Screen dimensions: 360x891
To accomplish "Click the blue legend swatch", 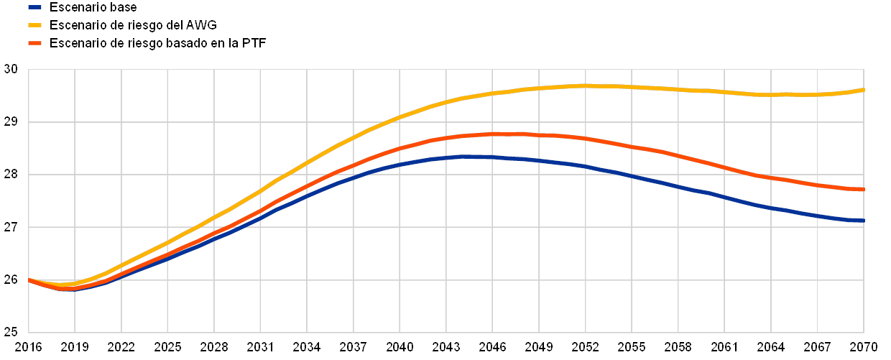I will point(34,7).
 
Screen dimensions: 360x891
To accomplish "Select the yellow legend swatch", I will point(34,25).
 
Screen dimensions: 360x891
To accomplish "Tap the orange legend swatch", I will point(34,44).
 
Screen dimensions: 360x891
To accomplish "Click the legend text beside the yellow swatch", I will point(137,25).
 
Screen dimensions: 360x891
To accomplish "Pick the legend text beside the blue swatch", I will point(96,7).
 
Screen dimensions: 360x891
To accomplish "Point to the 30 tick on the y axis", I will point(10,70).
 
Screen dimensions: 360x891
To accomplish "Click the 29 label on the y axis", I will point(10,122).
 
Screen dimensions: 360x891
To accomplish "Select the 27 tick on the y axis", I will point(10,227).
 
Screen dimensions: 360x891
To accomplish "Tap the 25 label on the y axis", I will point(10,332).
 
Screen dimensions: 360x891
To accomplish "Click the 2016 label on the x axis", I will point(27,346).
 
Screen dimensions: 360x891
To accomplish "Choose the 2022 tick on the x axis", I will point(121,346).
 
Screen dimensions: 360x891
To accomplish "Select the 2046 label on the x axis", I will point(492,346).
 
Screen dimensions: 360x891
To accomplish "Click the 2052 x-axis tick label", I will point(585,346).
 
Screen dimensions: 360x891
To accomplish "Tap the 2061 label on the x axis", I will point(724,346).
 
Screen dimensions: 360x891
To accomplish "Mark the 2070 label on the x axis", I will point(864,346).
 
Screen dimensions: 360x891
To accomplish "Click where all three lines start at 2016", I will point(29,280).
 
